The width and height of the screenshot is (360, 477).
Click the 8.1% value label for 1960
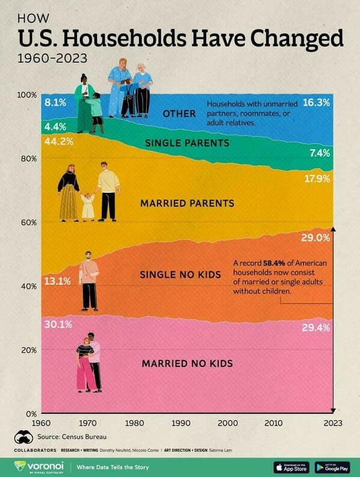(55, 103)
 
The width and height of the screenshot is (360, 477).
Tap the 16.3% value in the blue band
(317, 103)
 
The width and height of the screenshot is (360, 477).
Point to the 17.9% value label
(317, 178)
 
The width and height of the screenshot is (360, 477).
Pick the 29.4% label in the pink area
(317, 327)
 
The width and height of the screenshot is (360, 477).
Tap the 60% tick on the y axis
(28, 222)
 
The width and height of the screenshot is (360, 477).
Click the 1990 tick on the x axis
(180, 423)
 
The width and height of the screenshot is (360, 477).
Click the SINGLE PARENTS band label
(187, 143)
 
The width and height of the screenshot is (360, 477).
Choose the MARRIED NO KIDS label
(187, 363)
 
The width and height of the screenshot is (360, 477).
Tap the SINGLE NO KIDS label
(180, 275)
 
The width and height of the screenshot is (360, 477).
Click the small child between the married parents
(88, 207)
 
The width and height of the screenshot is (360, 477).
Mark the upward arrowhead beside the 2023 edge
(334, 229)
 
